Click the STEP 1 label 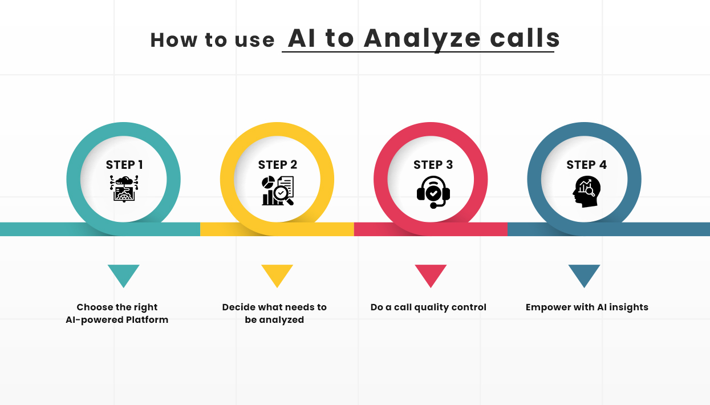click(x=124, y=165)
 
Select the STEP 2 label click(x=278, y=165)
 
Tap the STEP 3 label click(x=433, y=165)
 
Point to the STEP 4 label click(x=586, y=165)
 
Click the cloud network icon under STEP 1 click(x=124, y=189)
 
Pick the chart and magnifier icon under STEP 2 click(x=278, y=191)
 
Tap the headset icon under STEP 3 click(x=433, y=192)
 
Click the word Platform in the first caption click(x=147, y=319)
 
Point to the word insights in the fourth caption click(x=627, y=307)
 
